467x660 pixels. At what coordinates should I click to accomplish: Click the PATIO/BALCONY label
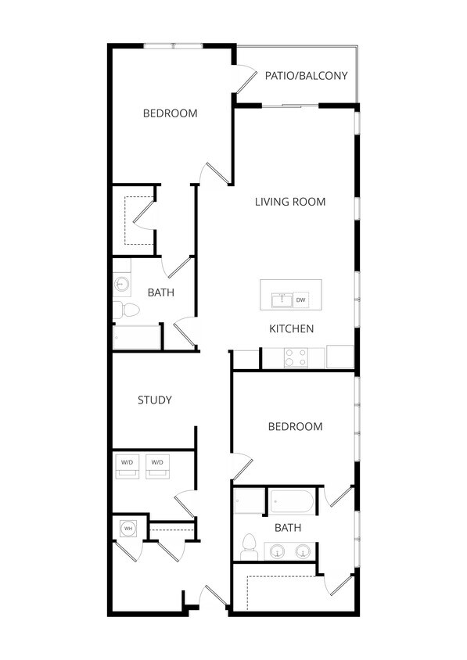coord(306,76)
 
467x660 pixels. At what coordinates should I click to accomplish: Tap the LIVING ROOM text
coord(290,202)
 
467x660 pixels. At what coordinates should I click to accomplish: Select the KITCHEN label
coord(292,328)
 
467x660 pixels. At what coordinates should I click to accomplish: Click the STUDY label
coord(155,400)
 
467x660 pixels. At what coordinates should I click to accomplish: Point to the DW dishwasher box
coord(300,300)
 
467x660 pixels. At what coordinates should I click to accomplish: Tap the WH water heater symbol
coord(127,529)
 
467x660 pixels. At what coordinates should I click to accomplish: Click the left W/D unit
coord(127,463)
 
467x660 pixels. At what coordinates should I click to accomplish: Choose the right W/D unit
coord(157,463)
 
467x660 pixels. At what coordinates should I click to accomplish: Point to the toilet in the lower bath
coord(250,544)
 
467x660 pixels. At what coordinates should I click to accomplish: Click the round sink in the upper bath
coord(121,284)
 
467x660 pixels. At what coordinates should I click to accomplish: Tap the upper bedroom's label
coord(170,113)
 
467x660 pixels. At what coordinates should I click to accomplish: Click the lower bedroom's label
coord(295,426)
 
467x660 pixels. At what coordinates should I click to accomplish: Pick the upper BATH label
coord(160,292)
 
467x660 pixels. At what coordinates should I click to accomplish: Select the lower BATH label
coord(288,528)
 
